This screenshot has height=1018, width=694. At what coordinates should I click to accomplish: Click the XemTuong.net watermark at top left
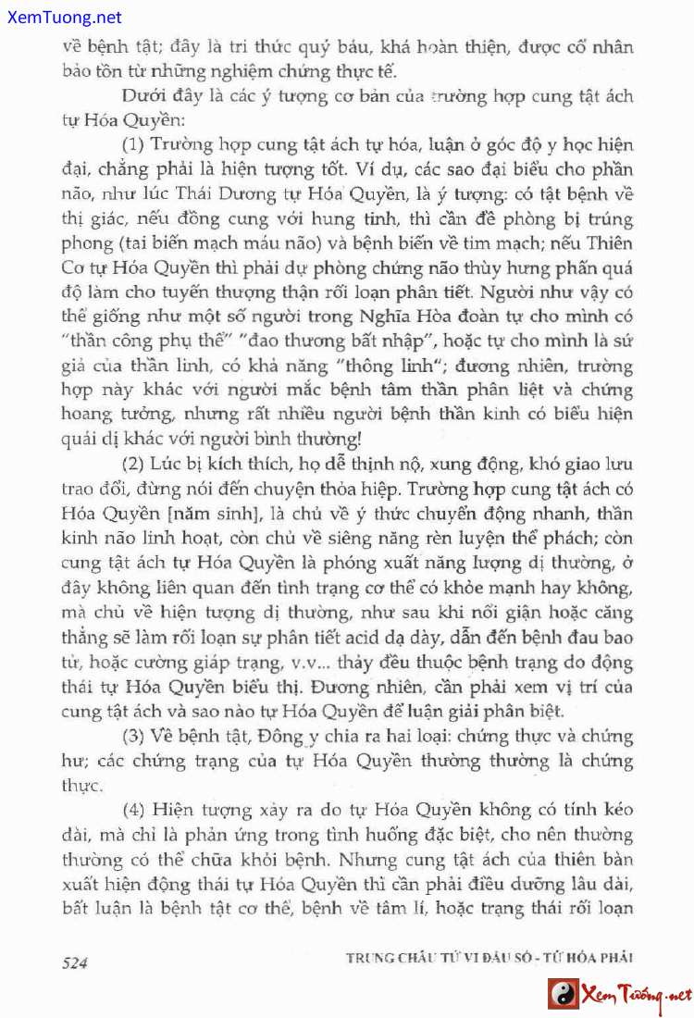click(61, 18)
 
